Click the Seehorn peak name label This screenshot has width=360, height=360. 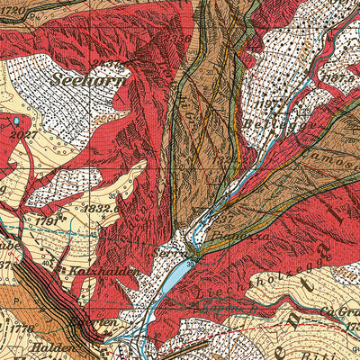[89, 79]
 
